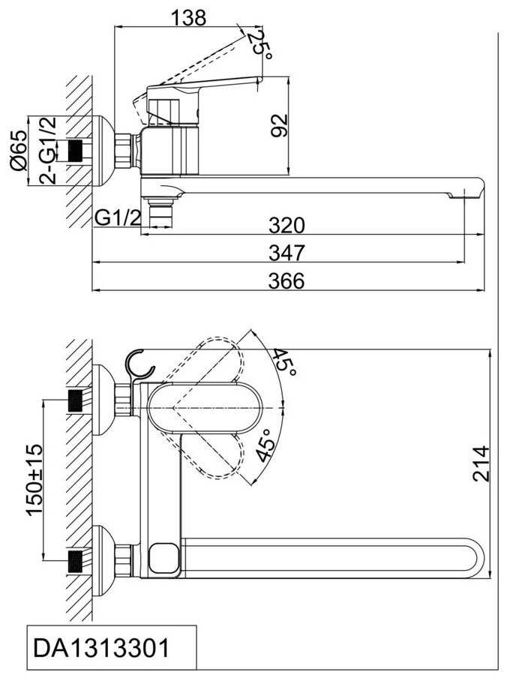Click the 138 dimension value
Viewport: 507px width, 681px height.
pos(188,18)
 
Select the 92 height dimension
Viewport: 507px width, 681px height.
pos(279,125)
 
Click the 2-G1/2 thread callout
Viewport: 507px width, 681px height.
pos(48,150)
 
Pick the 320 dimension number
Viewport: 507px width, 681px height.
pos(286,225)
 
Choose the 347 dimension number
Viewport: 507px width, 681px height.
pos(286,253)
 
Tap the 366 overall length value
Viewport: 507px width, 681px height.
pos(286,280)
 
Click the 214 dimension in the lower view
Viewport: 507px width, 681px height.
pos(481,463)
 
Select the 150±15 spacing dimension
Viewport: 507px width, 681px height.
pos(35,479)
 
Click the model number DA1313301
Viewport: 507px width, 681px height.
pos(101,649)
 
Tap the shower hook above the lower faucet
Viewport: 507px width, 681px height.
pos(140,364)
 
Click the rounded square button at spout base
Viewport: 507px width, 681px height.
pos(163,558)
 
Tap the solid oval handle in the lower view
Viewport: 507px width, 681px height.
pos(205,408)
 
